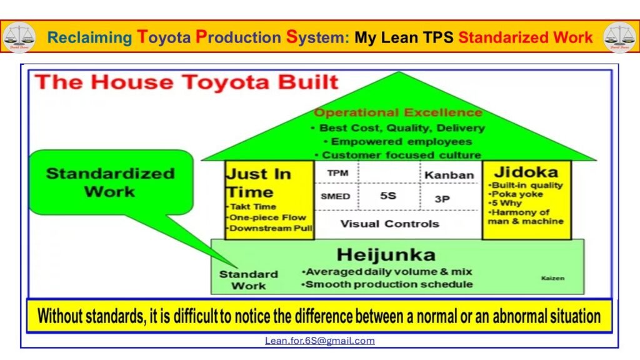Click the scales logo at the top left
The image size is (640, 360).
(x=19, y=37)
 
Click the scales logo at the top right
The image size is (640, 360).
(x=619, y=37)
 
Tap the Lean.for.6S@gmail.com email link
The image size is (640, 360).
(x=319, y=341)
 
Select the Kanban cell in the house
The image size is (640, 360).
(x=449, y=174)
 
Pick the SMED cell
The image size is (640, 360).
(x=335, y=196)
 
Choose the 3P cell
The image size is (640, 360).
(x=442, y=198)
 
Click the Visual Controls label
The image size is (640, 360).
(x=389, y=223)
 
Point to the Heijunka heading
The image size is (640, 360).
(x=386, y=254)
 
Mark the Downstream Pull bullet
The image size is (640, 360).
(x=269, y=228)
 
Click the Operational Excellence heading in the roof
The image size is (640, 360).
(x=398, y=113)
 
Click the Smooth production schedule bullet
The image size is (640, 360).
(x=387, y=284)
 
